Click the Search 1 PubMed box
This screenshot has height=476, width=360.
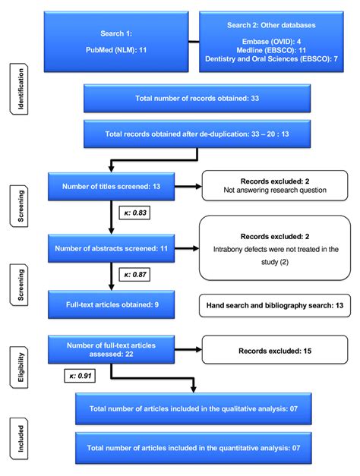[x=116, y=42]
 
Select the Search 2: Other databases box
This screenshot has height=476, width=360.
[x=271, y=42]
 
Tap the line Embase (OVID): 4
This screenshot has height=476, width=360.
[x=271, y=41]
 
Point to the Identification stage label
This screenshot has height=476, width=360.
[x=19, y=89]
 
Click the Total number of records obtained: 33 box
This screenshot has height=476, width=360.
[x=197, y=99]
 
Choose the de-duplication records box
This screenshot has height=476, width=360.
[x=197, y=134]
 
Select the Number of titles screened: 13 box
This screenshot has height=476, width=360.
[x=111, y=187]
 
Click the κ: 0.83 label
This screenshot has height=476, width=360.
[x=135, y=213]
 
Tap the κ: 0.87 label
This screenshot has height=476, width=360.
[x=135, y=275]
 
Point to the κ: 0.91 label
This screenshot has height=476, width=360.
[x=80, y=376]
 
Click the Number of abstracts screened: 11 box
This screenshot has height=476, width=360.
[x=111, y=248]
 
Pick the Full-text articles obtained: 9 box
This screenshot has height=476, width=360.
[x=111, y=304]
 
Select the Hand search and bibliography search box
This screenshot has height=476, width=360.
[x=275, y=305]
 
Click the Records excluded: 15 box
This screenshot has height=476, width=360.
[x=275, y=349]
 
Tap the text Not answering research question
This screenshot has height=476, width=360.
[x=275, y=191]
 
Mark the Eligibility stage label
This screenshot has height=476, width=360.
[x=19, y=367]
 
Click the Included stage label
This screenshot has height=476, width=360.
[x=19, y=439]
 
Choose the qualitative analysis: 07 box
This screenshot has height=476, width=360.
[x=194, y=408]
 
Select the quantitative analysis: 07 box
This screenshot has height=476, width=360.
[x=194, y=448]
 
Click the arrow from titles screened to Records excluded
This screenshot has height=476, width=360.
[x=188, y=187]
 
